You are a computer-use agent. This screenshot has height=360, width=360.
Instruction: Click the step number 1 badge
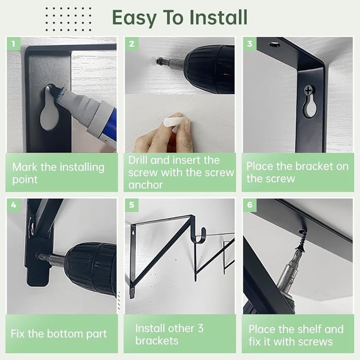pos(13,44)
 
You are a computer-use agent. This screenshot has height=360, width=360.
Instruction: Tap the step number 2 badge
pos(131,44)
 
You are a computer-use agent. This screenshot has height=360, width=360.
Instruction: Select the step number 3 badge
pos(250,44)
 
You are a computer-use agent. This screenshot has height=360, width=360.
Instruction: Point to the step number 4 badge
pos(13,205)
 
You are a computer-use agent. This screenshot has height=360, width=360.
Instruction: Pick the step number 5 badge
pos(131,205)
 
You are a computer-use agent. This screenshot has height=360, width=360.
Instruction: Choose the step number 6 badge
pos(250,205)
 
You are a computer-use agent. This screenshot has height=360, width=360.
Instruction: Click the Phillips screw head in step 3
pos(309,90)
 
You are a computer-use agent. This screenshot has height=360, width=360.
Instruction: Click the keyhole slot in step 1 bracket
pos(49,108)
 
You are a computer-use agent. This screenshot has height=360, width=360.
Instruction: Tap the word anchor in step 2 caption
pos(145,185)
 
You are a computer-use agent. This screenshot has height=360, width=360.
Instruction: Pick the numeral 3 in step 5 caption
pos(200,328)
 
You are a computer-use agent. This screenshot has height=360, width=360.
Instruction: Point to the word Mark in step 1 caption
pos(25,167)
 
